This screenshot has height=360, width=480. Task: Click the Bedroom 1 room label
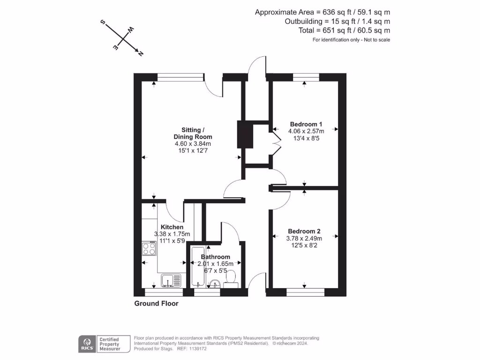[306, 124]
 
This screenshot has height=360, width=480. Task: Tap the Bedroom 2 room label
[304, 232]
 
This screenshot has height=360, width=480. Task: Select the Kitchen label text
[172, 227]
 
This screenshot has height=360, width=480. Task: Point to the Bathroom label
[216, 257]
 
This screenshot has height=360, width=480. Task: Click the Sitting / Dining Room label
[193, 134]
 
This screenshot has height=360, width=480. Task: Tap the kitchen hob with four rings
[149, 248]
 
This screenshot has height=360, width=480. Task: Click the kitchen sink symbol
[171, 281]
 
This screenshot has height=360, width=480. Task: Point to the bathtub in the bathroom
[198, 267]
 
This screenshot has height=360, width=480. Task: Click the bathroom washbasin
[215, 284]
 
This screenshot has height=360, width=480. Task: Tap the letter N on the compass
[141, 53]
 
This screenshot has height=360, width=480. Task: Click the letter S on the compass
[103, 22]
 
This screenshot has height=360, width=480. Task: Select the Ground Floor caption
[157, 304]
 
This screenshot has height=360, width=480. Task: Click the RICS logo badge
[87, 344]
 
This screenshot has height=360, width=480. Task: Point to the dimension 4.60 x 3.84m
[193, 143]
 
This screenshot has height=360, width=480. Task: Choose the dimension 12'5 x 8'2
[304, 246]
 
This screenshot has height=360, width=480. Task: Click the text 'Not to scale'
[377, 40]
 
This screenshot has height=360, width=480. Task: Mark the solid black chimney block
[245, 135]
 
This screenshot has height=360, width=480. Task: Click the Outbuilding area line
[337, 22]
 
